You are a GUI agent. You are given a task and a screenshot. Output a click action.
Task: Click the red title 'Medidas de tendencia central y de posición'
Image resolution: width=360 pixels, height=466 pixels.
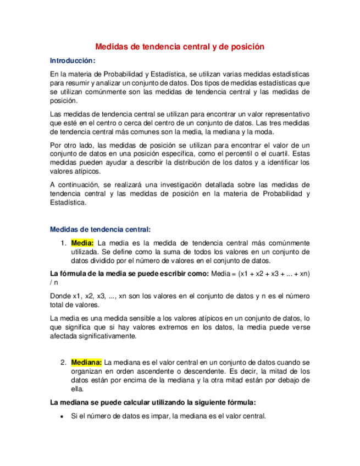coord(180,47)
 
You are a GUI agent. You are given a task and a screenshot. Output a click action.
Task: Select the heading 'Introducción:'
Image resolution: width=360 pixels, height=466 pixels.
coord(73,60)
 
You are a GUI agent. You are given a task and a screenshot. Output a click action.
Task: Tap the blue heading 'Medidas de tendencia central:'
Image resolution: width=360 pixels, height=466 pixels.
coord(100,230)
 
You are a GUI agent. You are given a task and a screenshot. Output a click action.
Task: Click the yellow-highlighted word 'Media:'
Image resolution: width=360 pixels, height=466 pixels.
coord(82,243)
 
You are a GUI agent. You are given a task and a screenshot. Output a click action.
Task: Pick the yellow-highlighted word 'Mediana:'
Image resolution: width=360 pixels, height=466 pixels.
coord(87,362)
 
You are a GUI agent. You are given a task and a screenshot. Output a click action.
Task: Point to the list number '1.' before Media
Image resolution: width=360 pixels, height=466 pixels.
coord(64,243)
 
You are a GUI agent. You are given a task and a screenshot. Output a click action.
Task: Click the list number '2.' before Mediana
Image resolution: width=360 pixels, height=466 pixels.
coord(64,362)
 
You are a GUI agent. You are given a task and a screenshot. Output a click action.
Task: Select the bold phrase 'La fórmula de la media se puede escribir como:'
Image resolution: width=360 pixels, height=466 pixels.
coord(129,273)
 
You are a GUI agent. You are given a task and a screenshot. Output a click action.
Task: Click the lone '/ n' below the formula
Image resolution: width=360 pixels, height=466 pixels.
coord(53,282)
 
